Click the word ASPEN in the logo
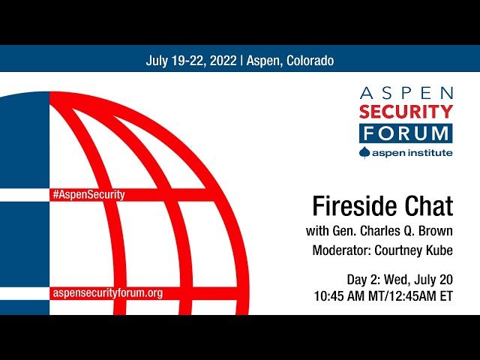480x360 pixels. [406, 94]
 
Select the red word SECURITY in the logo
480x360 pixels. [406, 112]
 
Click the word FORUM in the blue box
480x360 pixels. [406, 133]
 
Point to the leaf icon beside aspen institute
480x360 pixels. [365, 152]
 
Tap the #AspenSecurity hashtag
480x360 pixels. [88, 194]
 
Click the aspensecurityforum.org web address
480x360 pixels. [106, 292]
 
